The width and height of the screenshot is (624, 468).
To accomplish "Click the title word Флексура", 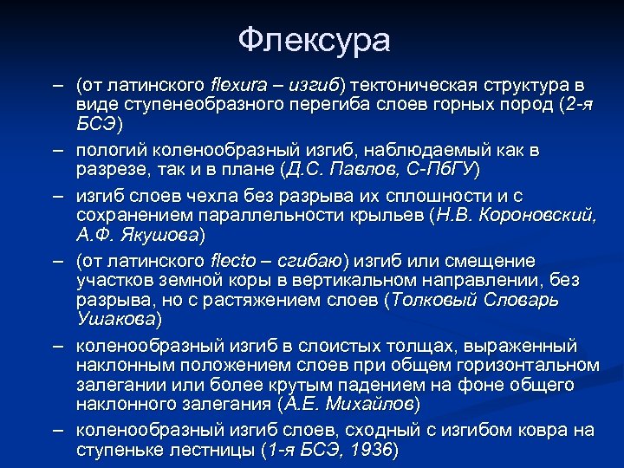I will pos(314,40).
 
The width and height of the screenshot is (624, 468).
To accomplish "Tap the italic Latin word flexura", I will pos(239,87).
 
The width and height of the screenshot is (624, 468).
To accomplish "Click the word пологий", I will pos(106,150).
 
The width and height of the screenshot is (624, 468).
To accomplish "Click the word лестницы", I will pos(210,449).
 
